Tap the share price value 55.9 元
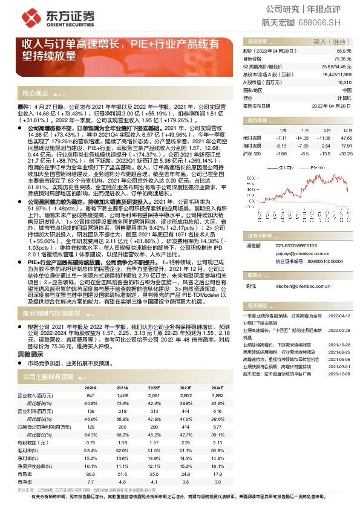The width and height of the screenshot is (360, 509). pos(345,51)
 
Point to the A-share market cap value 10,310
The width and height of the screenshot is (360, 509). pos(344,82)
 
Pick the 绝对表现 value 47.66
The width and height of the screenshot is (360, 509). pos(345,138)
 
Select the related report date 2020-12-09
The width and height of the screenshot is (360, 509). pos(339,374)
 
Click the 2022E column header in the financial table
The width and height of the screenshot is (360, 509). pos(154,389)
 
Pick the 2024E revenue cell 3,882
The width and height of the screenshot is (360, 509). pos(217,395)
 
